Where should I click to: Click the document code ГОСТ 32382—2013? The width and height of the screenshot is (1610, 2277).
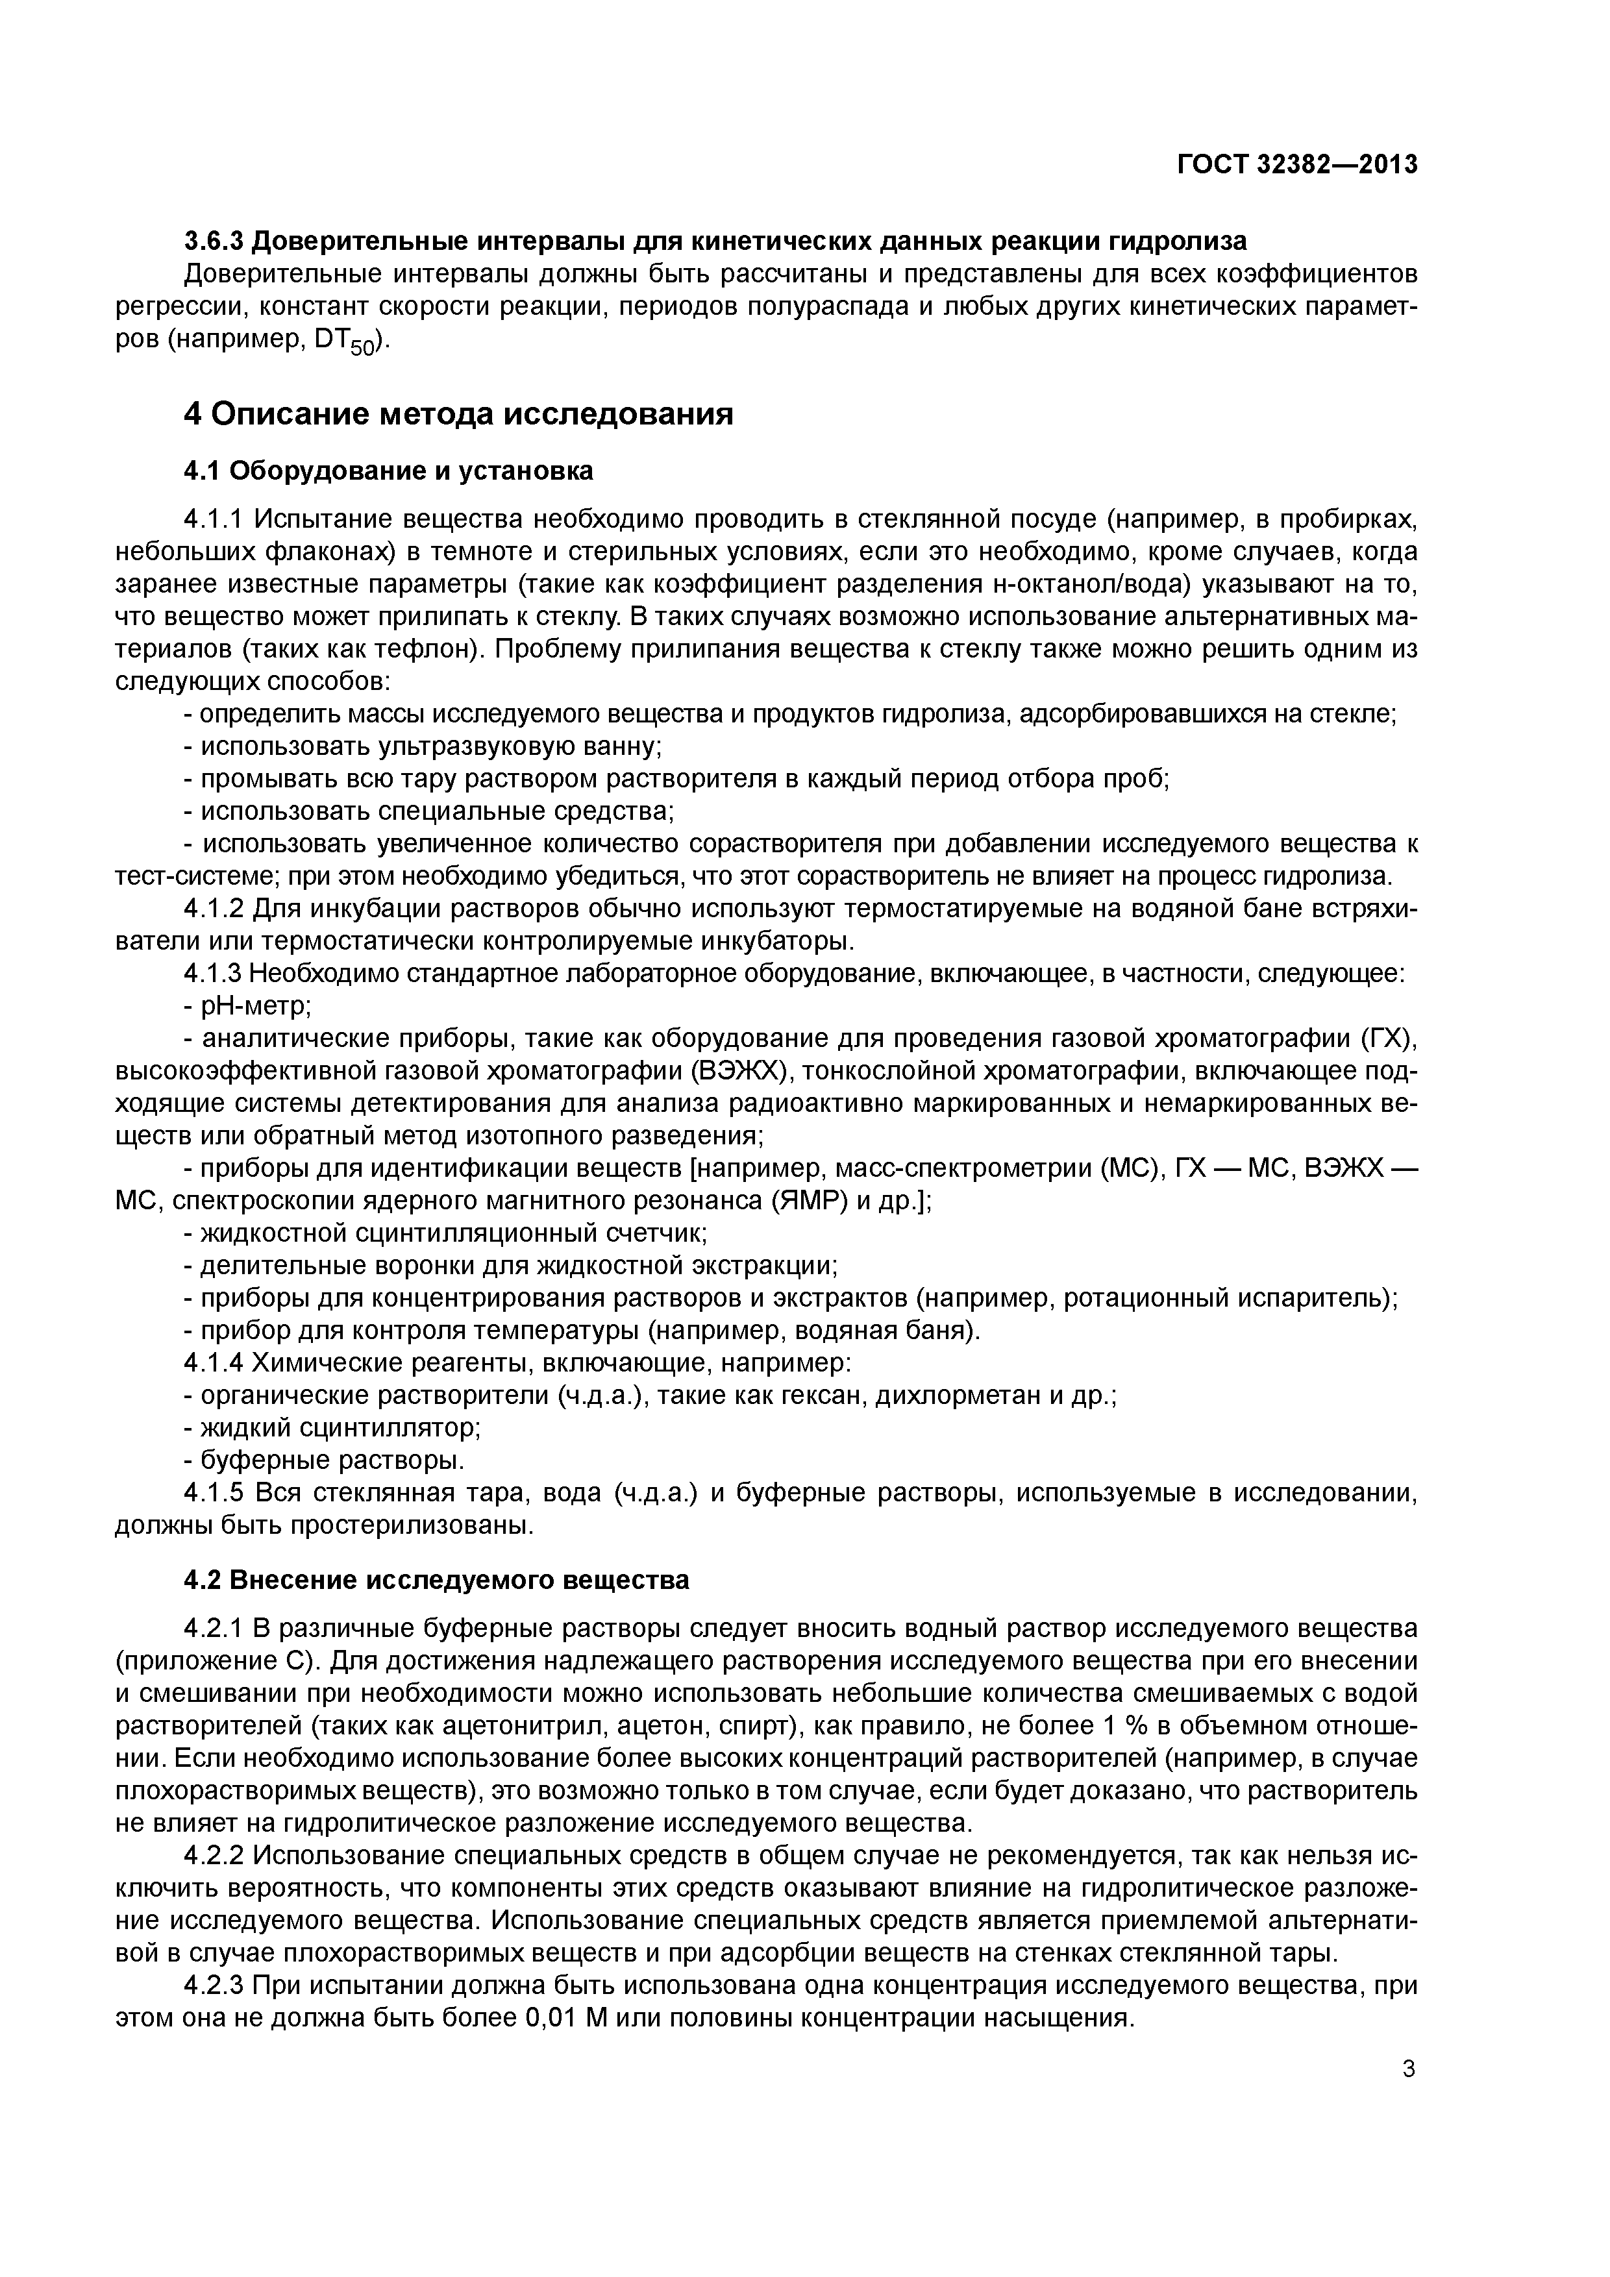(x=1296, y=165)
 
